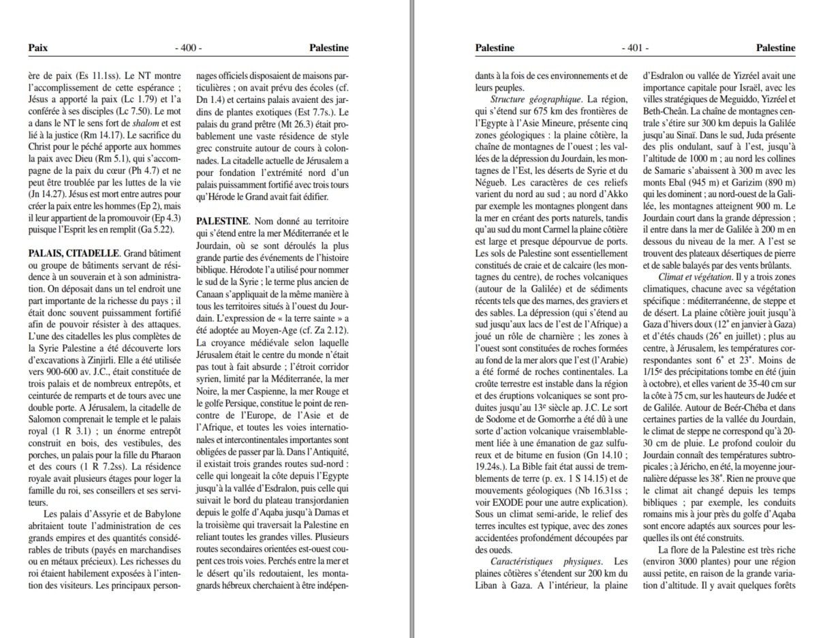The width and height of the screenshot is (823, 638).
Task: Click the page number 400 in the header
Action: [188, 48]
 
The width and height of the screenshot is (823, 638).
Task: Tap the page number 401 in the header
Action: [634, 48]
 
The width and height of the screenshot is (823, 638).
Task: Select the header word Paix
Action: [37, 48]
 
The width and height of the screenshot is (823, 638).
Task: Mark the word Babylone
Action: [161, 513]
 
